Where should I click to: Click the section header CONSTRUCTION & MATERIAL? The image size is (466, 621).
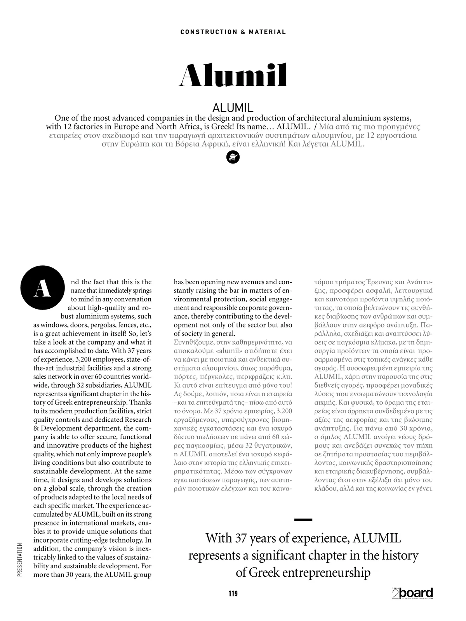click(233, 32)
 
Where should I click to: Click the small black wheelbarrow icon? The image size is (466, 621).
click(233, 157)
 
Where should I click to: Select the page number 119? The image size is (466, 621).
click(233, 593)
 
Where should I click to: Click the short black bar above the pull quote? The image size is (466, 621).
click(303, 519)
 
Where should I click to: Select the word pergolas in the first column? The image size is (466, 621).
click(102, 325)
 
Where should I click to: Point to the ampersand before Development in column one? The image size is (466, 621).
click(36, 428)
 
